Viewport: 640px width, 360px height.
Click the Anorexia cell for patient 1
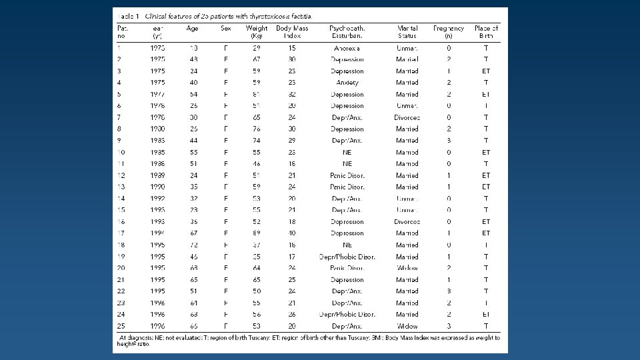(x=347, y=48)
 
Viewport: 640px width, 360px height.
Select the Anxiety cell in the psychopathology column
(x=347, y=83)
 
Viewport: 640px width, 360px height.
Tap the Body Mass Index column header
(x=288, y=32)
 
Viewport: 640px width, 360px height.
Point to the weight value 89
(x=257, y=233)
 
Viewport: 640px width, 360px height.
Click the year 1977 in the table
(x=158, y=95)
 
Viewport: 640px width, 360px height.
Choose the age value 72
(x=193, y=245)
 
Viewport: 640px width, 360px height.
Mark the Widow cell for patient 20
(x=407, y=268)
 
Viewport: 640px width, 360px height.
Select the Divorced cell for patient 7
(x=407, y=117)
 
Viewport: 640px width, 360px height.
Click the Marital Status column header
(x=407, y=32)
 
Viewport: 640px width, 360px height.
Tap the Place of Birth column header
(x=486, y=32)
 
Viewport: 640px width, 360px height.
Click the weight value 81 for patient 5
(x=257, y=95)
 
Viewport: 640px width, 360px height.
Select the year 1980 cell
(x=158, y=129)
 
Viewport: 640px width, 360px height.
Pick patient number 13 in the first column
(x=121, y=187)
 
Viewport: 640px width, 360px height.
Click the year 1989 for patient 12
(x=158, y=175)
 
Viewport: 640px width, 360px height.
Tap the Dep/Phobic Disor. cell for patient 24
(x=347, y=315)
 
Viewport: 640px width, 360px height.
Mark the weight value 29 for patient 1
(x=257, y=48)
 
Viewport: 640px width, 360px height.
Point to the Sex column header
(x=226, y=29)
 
